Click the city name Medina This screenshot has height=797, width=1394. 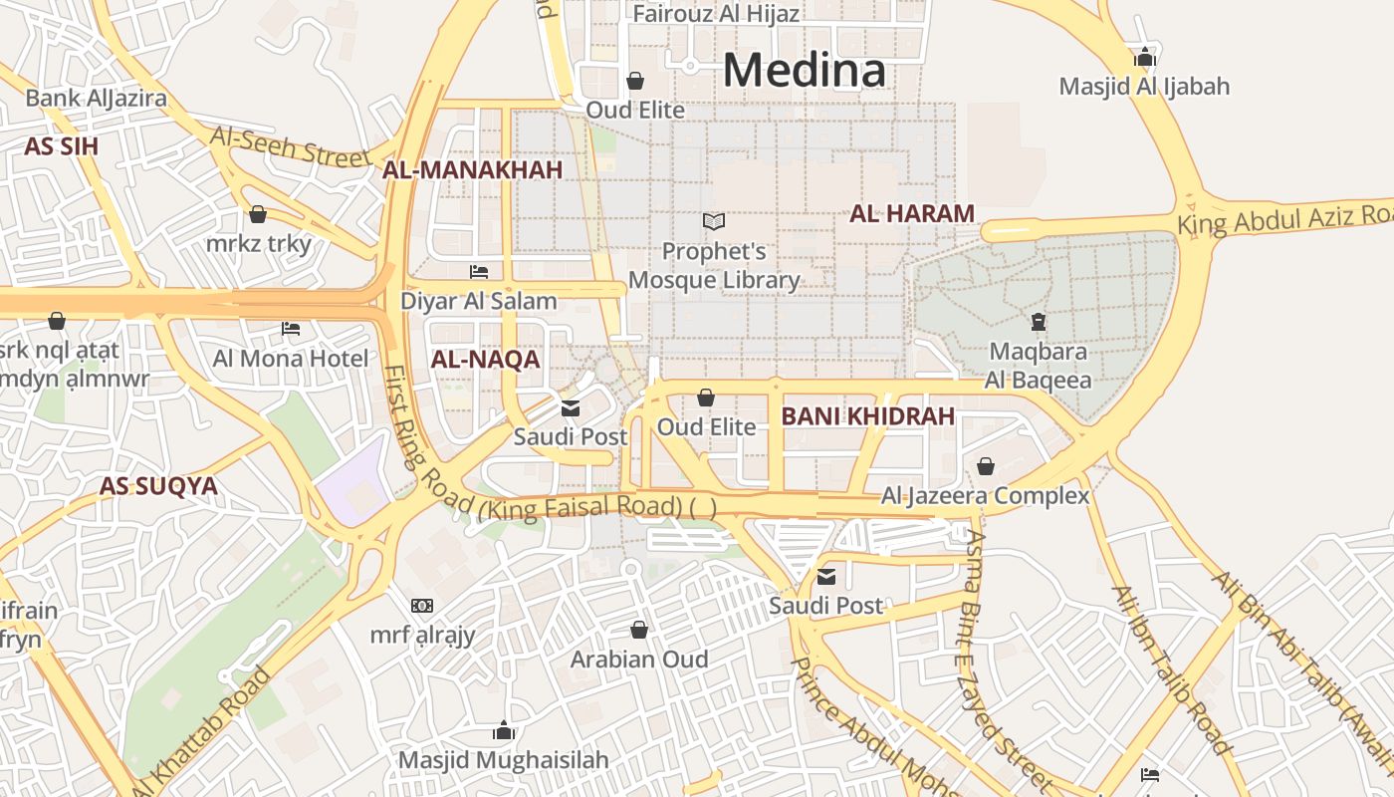(804, 70)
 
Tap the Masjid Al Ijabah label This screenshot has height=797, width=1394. (1144, 87)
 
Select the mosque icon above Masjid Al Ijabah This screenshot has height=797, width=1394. (1145, 57)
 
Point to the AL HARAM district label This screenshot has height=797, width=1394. (911, 213)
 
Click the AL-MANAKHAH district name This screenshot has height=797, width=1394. (472, 170)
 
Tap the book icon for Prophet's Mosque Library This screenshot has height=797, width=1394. (713, 221)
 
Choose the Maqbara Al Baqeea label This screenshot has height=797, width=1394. (1038, 366)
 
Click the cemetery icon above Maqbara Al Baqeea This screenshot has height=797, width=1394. (1039, 322)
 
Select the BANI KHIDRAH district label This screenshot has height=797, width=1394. (867, 416)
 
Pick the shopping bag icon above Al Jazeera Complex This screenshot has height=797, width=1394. (985, 466)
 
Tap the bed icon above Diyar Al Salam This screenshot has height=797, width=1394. (479, 271)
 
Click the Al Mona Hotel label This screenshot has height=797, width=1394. (290, 359)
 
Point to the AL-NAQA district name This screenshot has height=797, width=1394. (485, 360)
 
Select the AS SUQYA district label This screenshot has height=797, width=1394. (157, 486)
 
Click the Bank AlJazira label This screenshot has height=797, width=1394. (96, 98)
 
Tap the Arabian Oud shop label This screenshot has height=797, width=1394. (638, 660)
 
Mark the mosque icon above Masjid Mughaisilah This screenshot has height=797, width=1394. (503, 731)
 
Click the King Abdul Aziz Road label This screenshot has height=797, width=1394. (1284, 217)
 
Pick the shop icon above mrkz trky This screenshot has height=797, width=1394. (258, 214)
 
